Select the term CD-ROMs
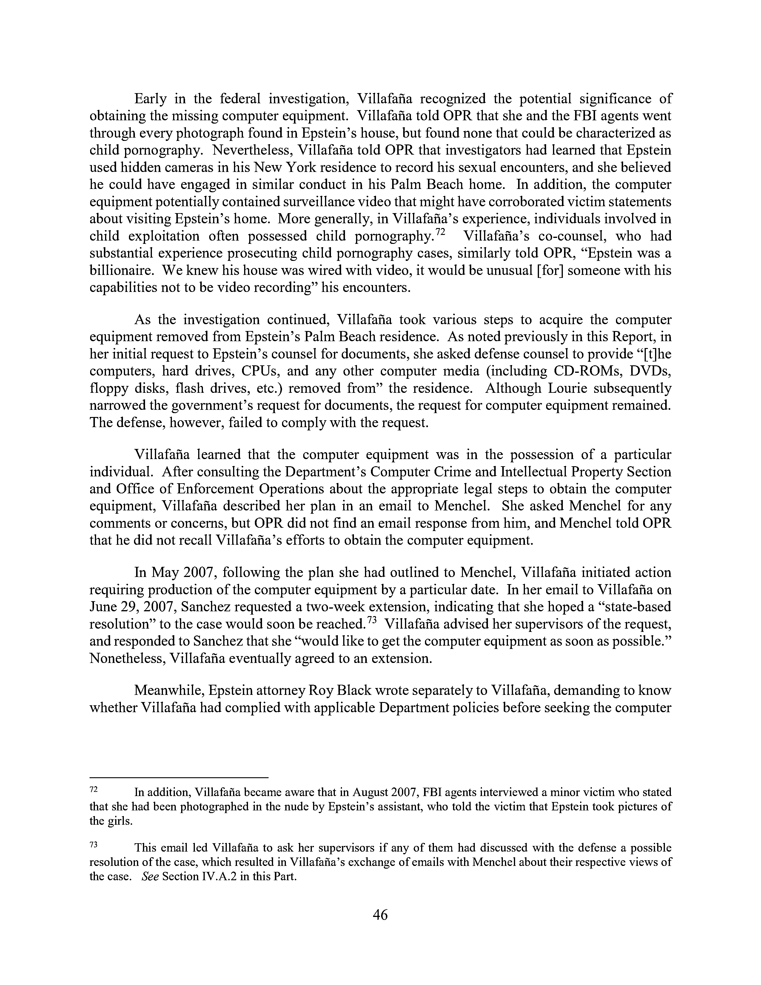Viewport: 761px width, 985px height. click(579, 371)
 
